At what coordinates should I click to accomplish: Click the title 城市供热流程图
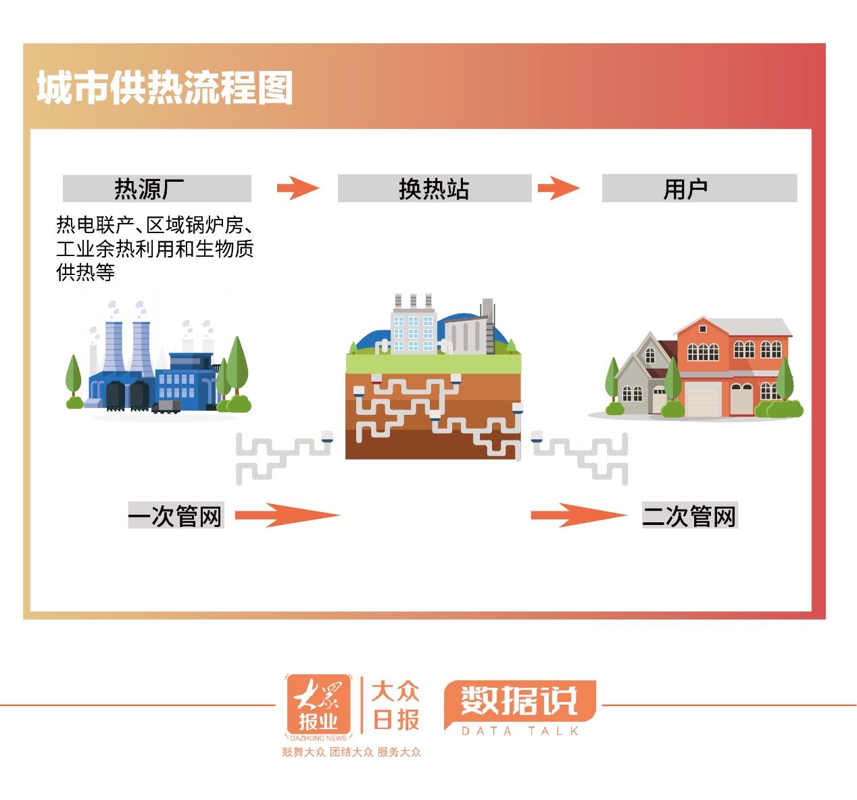pos(164,88)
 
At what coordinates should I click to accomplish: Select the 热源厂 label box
pos(157,189)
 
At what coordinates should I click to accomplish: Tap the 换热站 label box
pos(434,189)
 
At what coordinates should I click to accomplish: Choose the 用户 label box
pos(699,189)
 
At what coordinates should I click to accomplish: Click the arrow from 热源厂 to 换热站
pos(297,188)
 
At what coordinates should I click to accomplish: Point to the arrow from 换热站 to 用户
pos(558,188)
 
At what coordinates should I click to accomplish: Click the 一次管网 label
pos(176,516)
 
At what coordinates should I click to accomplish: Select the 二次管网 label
pos(689,516)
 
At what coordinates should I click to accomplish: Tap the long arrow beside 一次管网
pos(287,516)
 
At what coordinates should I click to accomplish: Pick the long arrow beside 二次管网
pos(579,516)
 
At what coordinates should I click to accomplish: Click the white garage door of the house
pos(703,399)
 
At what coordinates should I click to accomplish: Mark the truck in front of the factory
pos(166,406)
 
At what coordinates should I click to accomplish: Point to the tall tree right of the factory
pos(237,368)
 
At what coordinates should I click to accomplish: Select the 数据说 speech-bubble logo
pos(519,701)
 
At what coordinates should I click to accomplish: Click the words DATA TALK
pos(520,731)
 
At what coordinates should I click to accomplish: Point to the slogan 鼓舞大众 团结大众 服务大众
pos(351,752)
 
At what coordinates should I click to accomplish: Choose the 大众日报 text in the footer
pos(395,706)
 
